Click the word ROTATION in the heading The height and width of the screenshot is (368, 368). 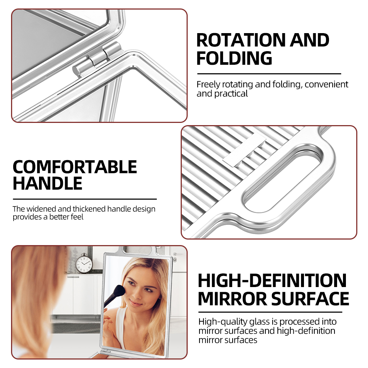pos(241,40)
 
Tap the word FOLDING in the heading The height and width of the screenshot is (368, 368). pos(234,58)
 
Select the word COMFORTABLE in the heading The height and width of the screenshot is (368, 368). pos(75,167)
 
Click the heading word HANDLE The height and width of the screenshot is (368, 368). pos(47,183)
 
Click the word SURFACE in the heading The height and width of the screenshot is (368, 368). pos(310,298)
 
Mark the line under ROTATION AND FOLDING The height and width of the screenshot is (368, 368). pos(269,74)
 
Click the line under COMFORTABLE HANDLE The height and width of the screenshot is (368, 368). pos(85,199)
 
